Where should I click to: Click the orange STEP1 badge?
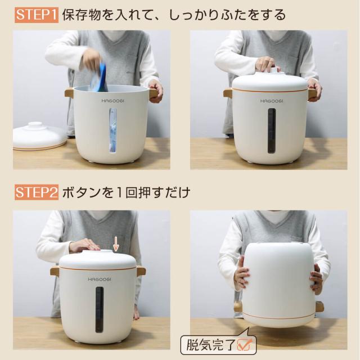pyautogui.click(x=36, y=15)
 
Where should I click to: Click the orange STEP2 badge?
pyautogui.click(x=36, y=193)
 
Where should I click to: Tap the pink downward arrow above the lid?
pyautogui.click(x=116, y=244)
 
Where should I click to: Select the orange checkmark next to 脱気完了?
pyautogui.click(x=245, y=345)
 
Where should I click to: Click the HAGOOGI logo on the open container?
pyautogui.click(x=112, y=101)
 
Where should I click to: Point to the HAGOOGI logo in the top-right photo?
pyautogui.click(x=271, y=101)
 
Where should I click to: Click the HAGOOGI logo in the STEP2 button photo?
pyautogui.click(x=98, y=279)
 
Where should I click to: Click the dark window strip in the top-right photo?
pyautogui.click(x=271, y=130)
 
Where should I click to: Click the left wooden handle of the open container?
pyautogui.click(x=69, y=93)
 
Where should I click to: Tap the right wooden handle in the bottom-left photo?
pyautogui.click(x=141, y=271)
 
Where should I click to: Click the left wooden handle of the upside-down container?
pyautogui.click(x=238, y=307)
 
